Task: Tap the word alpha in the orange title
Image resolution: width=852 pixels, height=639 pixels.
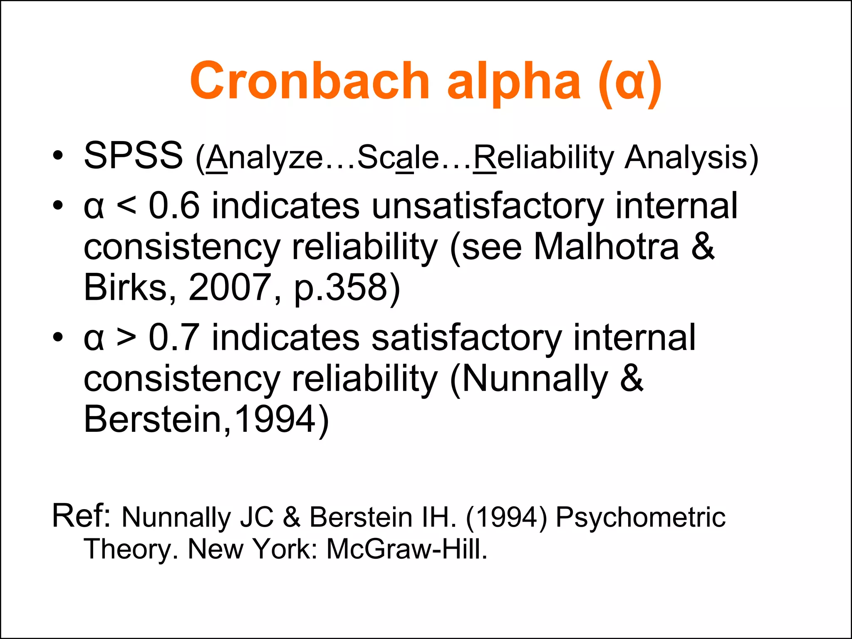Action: pyautogui.click(x=514, y=82)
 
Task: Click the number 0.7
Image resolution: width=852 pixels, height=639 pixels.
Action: pyautogui.click(x=174, y=337)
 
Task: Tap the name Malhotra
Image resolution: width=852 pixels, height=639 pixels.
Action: pyautogui.click(x=606, y=247)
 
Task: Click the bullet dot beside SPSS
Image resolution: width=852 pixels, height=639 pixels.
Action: pyautogui.click(x=58, y=156)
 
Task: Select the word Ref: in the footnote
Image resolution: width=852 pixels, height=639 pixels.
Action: pyautogui.click(x=81, y=516)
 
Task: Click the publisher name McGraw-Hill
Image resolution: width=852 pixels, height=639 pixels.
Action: pyautogui.click(x=406, y=549)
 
